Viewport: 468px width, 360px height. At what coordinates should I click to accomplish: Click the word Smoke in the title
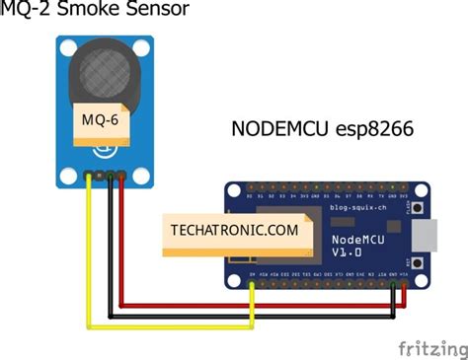click(x=100, y=13)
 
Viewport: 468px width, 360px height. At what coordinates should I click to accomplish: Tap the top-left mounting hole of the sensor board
click(x=66, y=46)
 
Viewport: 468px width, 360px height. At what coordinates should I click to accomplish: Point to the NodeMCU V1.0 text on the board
click(x=353, y=244)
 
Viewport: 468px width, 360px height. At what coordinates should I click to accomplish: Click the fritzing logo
click(x=431, y=346)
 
